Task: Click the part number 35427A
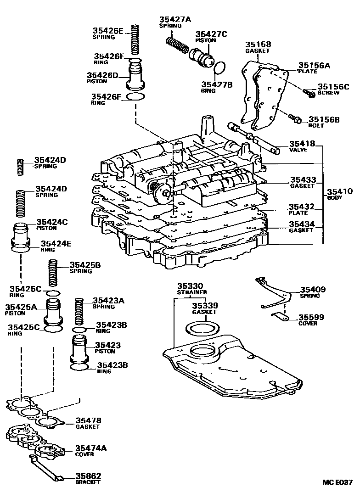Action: [175, 19]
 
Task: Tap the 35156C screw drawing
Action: [308, 93]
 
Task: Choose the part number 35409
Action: [313, 290]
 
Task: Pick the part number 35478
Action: [88, 420]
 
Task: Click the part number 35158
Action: [258, 45]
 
